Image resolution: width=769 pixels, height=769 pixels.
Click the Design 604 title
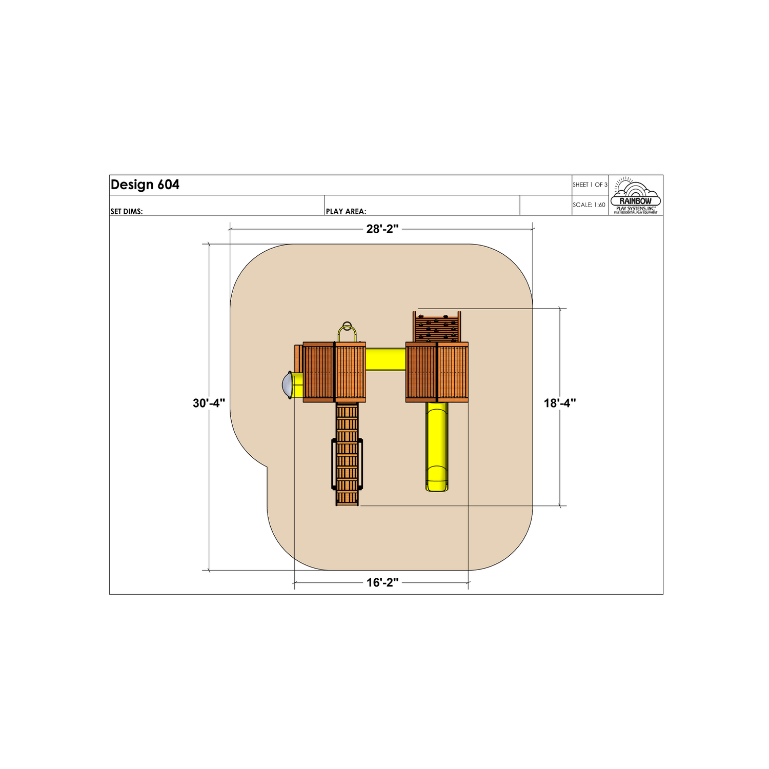[x=145, y=185]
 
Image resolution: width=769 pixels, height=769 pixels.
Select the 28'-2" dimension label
[x=382, y=229]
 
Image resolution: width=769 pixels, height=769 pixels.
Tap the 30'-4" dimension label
[x=209, y=403]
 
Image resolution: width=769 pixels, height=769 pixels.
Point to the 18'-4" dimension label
[x=560, y=403]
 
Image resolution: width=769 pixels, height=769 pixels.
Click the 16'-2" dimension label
[x=382, y=583]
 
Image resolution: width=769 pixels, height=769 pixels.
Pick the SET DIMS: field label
[x=127, y=211]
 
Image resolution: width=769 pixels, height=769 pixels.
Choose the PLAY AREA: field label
[x=346, y=211]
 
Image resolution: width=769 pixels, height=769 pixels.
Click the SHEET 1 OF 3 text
[x=590, y=185]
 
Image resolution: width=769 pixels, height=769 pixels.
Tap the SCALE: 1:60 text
[x=589, y=205]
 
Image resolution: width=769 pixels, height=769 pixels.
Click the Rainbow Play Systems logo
[x=636, y=196]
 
